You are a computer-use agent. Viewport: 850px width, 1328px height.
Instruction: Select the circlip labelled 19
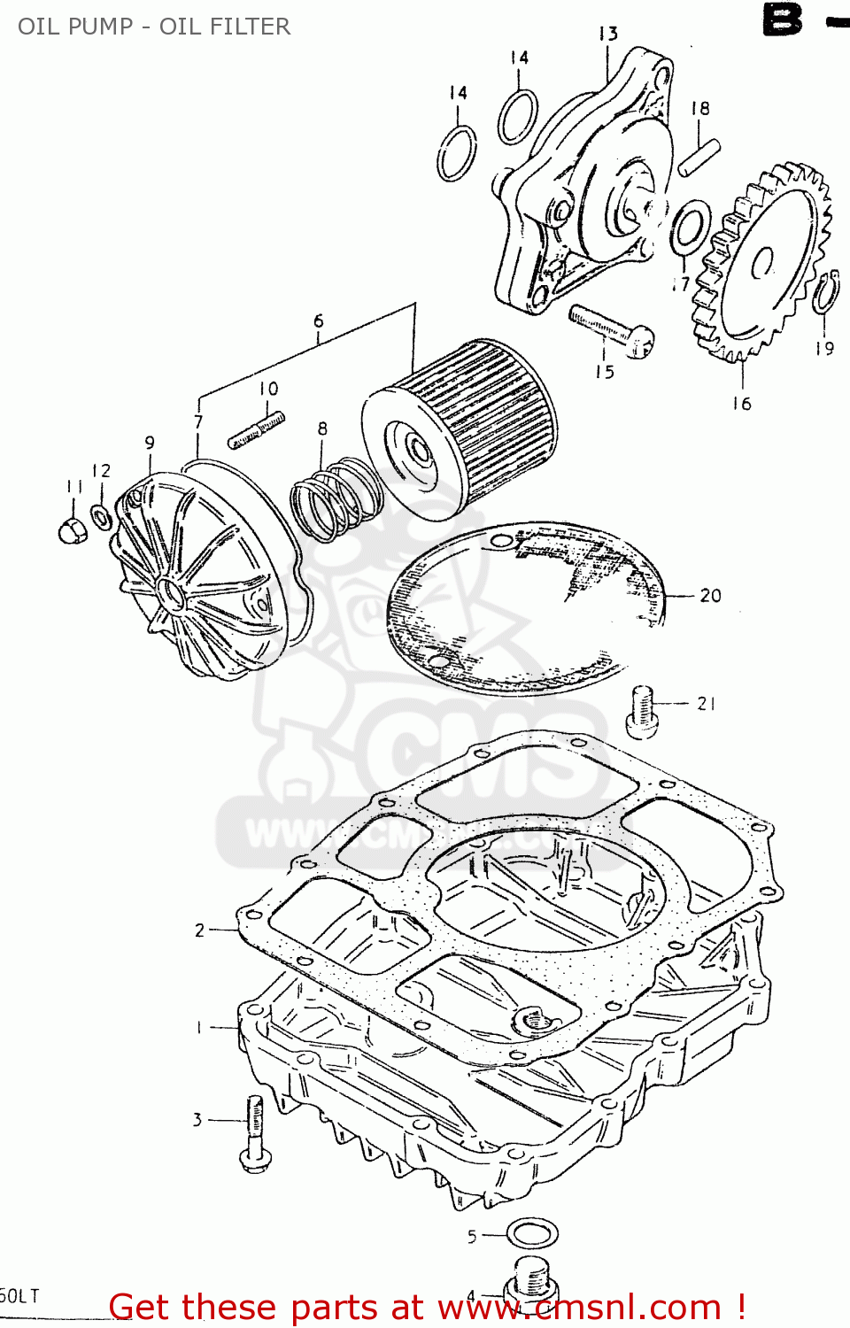coord(826,293)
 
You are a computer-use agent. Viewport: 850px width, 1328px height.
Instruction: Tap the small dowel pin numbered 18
coord(699,157)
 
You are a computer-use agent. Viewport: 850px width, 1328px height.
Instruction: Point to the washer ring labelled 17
coord(690,227)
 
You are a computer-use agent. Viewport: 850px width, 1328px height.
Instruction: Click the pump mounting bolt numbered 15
coord(611,328)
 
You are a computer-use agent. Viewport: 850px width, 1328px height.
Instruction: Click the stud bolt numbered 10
coord(256,429)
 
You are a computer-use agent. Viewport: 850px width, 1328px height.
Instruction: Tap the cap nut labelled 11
coord(73,530)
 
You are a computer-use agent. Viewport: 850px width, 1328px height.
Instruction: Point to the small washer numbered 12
coord(102,515)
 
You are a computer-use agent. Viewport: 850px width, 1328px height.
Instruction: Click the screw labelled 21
coord(643,713)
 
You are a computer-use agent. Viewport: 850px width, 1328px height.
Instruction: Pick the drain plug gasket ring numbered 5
coord(532,1232)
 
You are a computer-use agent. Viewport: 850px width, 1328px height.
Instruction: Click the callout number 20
coord(710,596)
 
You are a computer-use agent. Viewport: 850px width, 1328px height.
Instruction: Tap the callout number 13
coord(607,34)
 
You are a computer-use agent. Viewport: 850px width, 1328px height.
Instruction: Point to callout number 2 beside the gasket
coord(200,930)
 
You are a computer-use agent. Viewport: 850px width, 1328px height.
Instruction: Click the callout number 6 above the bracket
coord(319,320)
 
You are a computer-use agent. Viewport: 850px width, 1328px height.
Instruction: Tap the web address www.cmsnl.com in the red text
coord(580,1308)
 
